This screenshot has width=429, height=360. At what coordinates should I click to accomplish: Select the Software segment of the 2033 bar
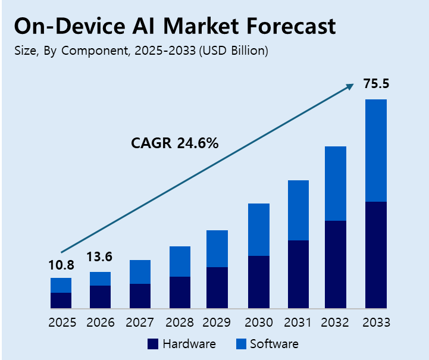pyautogui.click(x=376, y=150)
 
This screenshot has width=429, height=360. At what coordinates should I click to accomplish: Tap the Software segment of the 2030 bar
pyautogui.click(x=259, y=230)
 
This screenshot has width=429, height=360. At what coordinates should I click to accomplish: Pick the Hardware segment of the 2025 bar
pyautogui.click(x=61, y=300)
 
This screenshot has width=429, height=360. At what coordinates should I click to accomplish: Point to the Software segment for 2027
pyautogui.click(x=140, y=272)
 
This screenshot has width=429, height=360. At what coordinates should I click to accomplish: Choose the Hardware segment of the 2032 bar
pyautogui.click(x=336, y=264)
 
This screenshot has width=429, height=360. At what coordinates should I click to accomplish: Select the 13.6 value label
pyautogui.click(x=99, y=257)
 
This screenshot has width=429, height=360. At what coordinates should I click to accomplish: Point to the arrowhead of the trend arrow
pyautogui.click(x=350, y=87)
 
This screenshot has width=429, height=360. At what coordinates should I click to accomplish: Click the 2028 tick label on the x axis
pyautogui.click(x=179, y=323)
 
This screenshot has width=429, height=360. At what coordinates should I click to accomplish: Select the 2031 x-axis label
pyautogui.click(x=297, y=323)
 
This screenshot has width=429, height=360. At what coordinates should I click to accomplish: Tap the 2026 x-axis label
pyautogui.click(x=101, y=323)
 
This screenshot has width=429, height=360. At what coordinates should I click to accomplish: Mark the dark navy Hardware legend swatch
pyautogui.click(x=152, y=344)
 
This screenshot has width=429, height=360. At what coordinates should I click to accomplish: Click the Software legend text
pyautogui.click(x=274, y=344)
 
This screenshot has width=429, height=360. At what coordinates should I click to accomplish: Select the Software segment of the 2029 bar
pyautogui.click(x=217, y=249)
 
